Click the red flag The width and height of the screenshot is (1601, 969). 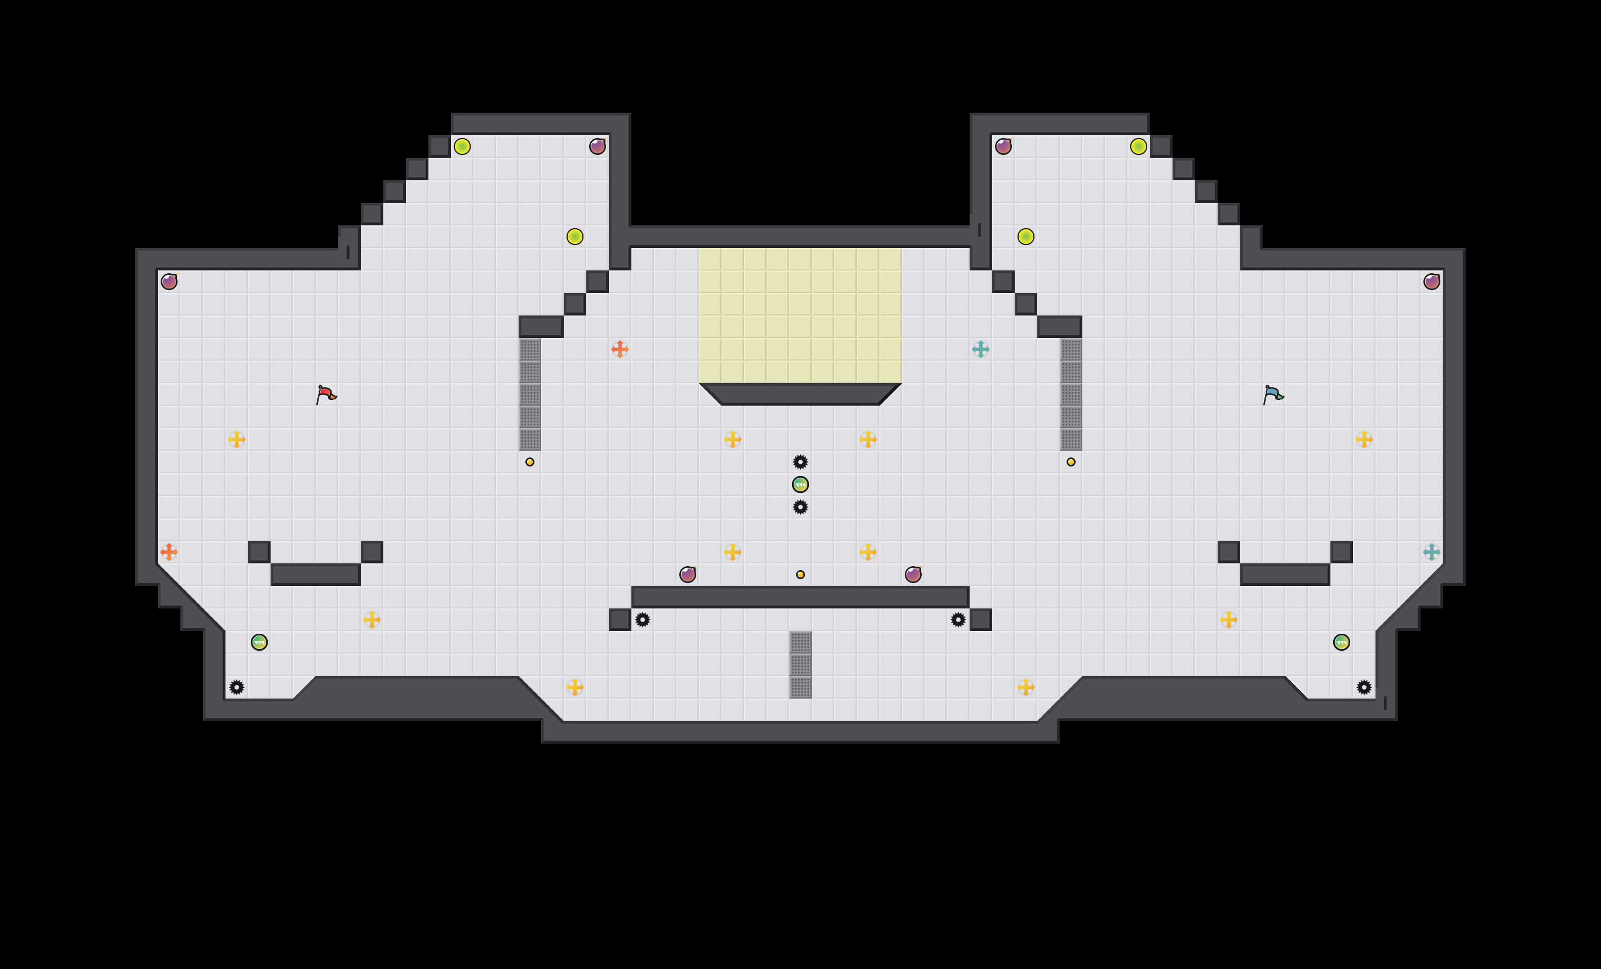click(325, 394)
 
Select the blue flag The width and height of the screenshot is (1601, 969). click(1273, 394)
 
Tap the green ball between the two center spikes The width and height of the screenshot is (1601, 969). click(800, 485)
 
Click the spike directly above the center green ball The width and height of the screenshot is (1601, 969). click(800, 462)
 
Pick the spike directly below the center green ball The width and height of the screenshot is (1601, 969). click(800, 506)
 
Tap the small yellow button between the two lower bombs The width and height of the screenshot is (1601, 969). click(800, 575)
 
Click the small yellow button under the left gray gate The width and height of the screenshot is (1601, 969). click(529, 462)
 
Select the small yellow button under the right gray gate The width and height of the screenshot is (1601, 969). click(1071, 462)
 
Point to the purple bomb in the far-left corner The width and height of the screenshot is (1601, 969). click(169, 281)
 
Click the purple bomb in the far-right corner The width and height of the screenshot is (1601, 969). click(1431, 281)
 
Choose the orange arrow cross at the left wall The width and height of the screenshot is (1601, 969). click(169, 552)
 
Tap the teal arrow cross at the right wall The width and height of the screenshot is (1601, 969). click(1431, 552)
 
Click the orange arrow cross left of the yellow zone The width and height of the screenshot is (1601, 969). click(620, 349)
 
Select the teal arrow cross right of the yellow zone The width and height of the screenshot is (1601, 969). click(980, 349)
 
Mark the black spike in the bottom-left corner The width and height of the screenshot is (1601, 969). click(237, 687)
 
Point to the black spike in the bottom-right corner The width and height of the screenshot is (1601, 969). click(1364, 687)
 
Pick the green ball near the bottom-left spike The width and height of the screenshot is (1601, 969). click(259, 642)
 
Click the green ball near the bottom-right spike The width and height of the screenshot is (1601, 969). click(1342, 642)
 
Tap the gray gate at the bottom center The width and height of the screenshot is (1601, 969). click(800, 664)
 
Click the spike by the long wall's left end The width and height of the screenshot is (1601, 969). click(643, 620)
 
